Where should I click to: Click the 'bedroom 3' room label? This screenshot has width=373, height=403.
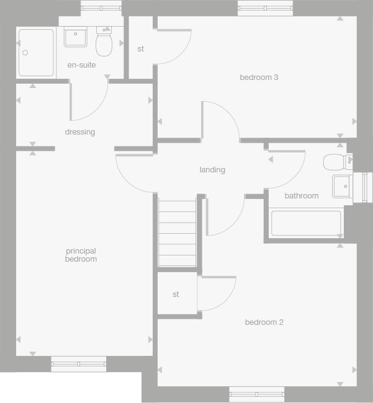pyautogui.click(x=259, y=77)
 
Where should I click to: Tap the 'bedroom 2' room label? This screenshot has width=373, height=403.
pyautogui.click(x=264, y=322)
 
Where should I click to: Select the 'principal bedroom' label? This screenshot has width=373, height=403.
pyautogui.click(x=81, y=255)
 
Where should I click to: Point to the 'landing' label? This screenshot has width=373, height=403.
pyautogui.click(x=212, y=170)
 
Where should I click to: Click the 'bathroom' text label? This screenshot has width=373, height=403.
pyautogui.click(x=302, y=196)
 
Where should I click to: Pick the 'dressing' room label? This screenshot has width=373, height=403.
pyautogui.click(x=80, y=132)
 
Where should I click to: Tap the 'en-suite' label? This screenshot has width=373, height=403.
pyautogui.click(x=82, y=65)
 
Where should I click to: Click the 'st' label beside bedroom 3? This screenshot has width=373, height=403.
pyautogui.click(x=140, y=49)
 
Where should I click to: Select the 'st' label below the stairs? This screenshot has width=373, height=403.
pyautogui.click(x=176, y=294)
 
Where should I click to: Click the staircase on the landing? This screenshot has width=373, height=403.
pyautogui.click(x=177, y=231)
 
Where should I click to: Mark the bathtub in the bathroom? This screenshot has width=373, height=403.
pyautogui.click(x=306, y=223)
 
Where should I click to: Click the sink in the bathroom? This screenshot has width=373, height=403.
pyautogui.click(x=342, y=185)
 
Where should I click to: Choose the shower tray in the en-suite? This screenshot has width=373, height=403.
pyautogui.click(x=36, y=53)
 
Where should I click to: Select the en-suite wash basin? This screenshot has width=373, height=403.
pyautogui.click(x=76, y=37)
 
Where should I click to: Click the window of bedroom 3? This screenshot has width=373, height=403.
pyautogui.click(x=265, y=9)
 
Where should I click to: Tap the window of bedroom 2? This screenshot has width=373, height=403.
pyautogui.click(x=256, y=393)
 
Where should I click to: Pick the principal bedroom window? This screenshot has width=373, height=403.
pyautogui.click(x=78, y=364)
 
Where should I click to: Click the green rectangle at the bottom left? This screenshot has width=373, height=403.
pyautogui.click(x=70, y=387)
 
